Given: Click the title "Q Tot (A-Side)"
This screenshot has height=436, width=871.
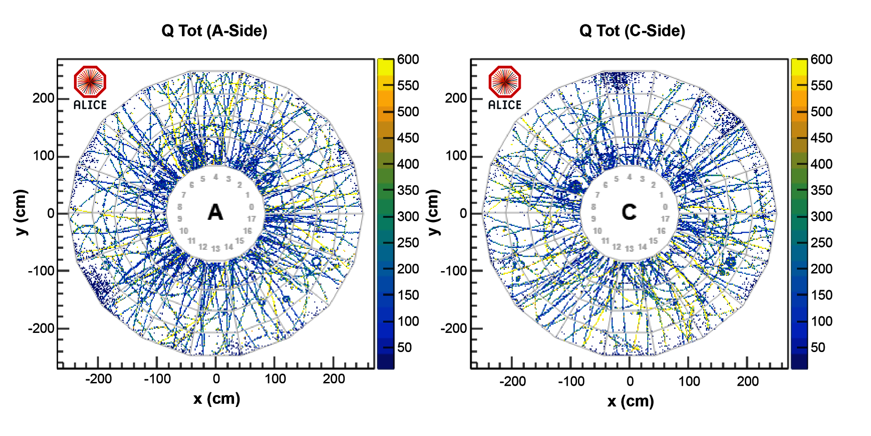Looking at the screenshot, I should [x=214, y=31].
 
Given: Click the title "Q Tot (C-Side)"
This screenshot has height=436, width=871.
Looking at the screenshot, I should [x=632, y=31].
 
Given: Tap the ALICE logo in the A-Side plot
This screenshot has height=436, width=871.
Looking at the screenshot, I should [x=90, y=87].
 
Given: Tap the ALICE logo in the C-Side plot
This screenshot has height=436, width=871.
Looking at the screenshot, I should [x=504, y=87].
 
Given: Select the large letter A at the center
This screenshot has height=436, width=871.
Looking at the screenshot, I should [x=215, y=212].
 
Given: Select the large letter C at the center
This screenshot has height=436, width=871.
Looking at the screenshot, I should [x=629, y=212].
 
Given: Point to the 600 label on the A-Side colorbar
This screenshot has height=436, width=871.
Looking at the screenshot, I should [x=408, y=59].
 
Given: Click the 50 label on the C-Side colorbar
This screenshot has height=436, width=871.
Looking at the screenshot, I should [x=817, y=347].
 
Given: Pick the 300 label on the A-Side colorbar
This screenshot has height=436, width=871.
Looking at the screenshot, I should [x=408, y=217].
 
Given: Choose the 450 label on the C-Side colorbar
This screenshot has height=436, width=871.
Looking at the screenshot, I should [x=822, y=138].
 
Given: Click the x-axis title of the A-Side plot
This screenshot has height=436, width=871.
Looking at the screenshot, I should [x=216, y=399].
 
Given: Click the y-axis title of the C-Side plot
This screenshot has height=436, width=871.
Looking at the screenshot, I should [x=434, y=213].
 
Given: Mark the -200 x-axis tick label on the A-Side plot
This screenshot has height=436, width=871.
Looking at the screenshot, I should [x=98, y=379].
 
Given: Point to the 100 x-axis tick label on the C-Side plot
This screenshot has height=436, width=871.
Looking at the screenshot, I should [x=689, y=381].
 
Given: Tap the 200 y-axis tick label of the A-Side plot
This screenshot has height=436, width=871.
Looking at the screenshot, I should [x=43, y=98].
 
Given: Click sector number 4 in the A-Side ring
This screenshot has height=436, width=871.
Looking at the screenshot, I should [x=216, y=177].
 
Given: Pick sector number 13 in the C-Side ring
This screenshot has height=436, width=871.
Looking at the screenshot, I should [x=629, y=248].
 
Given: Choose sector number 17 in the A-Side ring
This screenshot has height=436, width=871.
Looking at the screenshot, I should [x=251, y=219].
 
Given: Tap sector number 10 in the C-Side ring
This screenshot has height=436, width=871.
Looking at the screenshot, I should [x=597, y=231].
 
